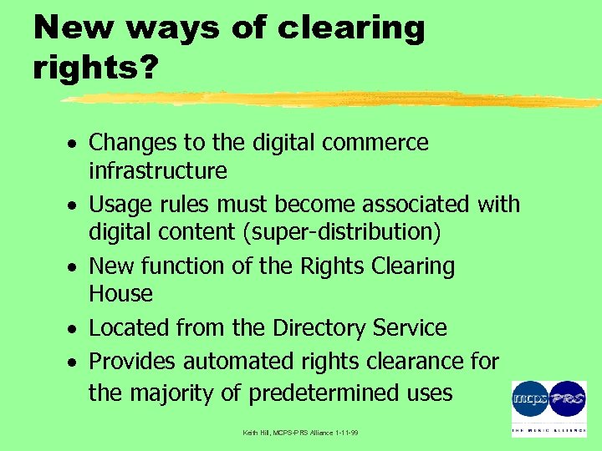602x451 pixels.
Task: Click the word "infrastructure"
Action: tap(158, 171)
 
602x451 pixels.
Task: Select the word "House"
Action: tap(120, 294)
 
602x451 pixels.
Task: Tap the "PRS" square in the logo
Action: tap(568, 397)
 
